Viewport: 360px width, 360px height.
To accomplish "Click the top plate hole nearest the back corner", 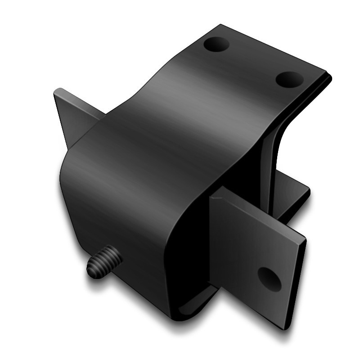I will pyautogui.click(x=216, y=45).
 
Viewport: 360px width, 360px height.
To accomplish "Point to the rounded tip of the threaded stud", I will pyautogui.click(x=92, y=270).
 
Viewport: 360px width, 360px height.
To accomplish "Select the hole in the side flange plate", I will pyautogui.click(x=269, y=279).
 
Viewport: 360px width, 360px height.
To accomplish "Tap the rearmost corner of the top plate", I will pyautogui.click(x=220, y=25).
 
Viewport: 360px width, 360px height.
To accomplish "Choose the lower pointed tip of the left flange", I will pyautogui.click(x=69, y=147).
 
